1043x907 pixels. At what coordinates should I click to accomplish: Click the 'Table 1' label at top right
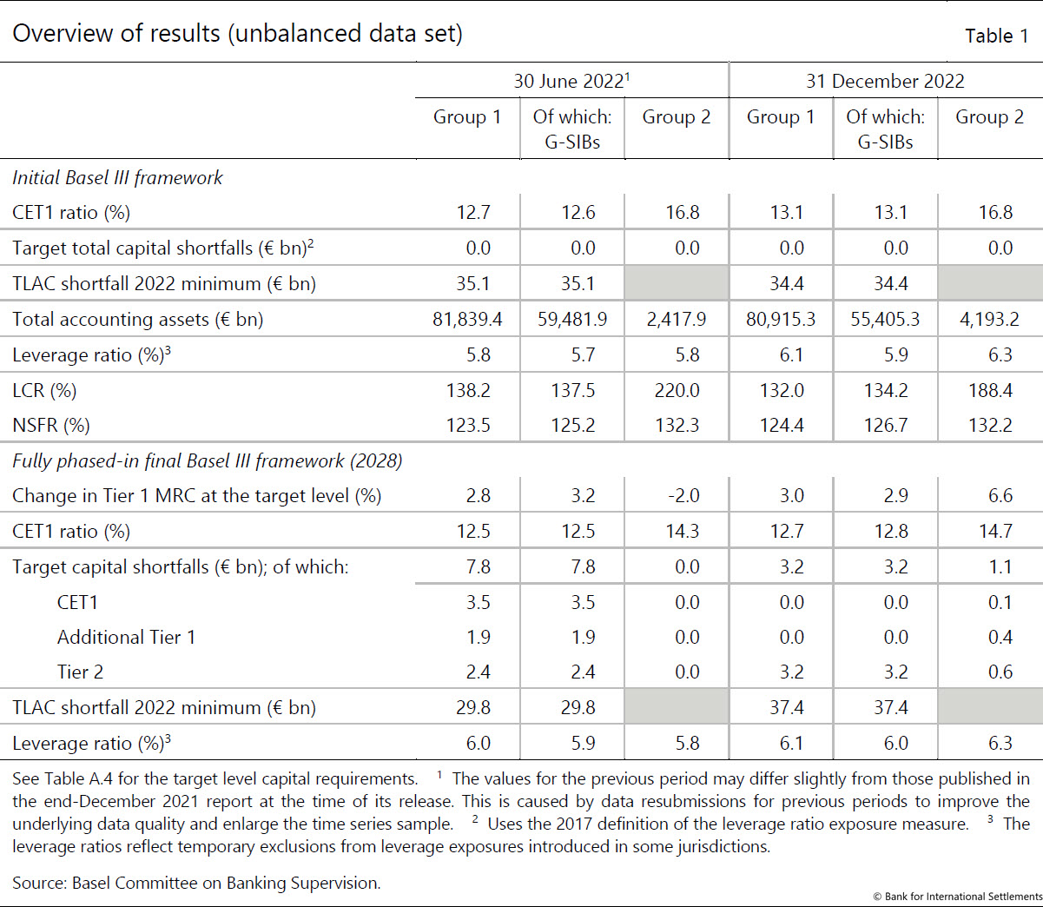996,36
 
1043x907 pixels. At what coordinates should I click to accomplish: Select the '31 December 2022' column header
885,82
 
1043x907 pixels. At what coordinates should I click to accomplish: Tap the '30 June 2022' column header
571,81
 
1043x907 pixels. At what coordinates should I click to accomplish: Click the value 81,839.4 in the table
467,319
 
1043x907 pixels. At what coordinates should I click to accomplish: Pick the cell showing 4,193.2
989,319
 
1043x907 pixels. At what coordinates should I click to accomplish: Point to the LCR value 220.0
677,391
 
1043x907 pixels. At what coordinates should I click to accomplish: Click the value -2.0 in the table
683,495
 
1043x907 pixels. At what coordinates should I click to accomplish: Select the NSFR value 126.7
886,425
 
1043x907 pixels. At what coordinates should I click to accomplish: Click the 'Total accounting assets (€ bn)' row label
137,320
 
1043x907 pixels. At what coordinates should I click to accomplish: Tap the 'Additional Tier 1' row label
127,638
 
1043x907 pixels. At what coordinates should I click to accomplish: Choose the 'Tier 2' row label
80,672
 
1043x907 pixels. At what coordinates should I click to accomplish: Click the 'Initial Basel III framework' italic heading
117,178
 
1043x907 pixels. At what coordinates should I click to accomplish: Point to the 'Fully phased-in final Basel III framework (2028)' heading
208,461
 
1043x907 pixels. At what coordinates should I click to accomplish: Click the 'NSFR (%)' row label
51,425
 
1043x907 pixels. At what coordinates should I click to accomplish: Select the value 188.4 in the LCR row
990,391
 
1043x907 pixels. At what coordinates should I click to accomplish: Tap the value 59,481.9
572,319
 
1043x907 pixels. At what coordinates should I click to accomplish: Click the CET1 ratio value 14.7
995,531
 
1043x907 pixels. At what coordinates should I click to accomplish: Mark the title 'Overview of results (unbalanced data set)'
238,34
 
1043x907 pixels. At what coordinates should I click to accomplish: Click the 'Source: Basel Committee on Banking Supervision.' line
196,883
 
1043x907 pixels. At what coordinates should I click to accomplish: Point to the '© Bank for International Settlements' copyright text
958,897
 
